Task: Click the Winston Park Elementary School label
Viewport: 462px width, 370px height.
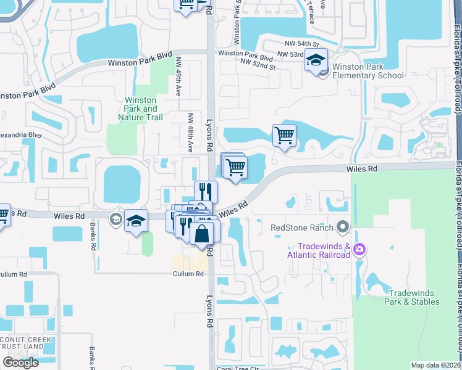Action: coord(367,71)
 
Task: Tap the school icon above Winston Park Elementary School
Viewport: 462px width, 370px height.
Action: coord(316,60)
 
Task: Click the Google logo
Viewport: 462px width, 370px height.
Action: coord(20,363)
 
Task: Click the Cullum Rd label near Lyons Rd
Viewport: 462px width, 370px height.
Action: coord(188,274)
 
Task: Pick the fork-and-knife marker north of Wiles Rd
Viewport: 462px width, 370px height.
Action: coord(206,191)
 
